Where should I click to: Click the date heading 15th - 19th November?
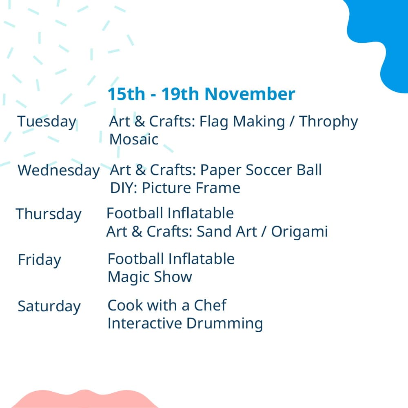click(202, 94)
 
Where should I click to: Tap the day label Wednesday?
click(58, 171)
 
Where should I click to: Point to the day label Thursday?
click(49, 215)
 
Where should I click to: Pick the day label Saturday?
click(49, 306)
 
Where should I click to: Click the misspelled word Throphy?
click(328, 122)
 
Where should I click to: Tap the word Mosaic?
click(134, 140)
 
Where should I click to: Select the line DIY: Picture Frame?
click(175, 188)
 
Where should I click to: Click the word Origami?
click(299, 232)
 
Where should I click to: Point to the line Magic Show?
click(150, 277)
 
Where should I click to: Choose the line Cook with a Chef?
click(167, 305)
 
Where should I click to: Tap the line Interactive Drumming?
click(185, 324)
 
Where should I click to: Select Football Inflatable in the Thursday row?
click(170, 213)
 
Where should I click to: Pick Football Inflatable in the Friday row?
click(171, 259)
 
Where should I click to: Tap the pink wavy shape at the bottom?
click(84, 399)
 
